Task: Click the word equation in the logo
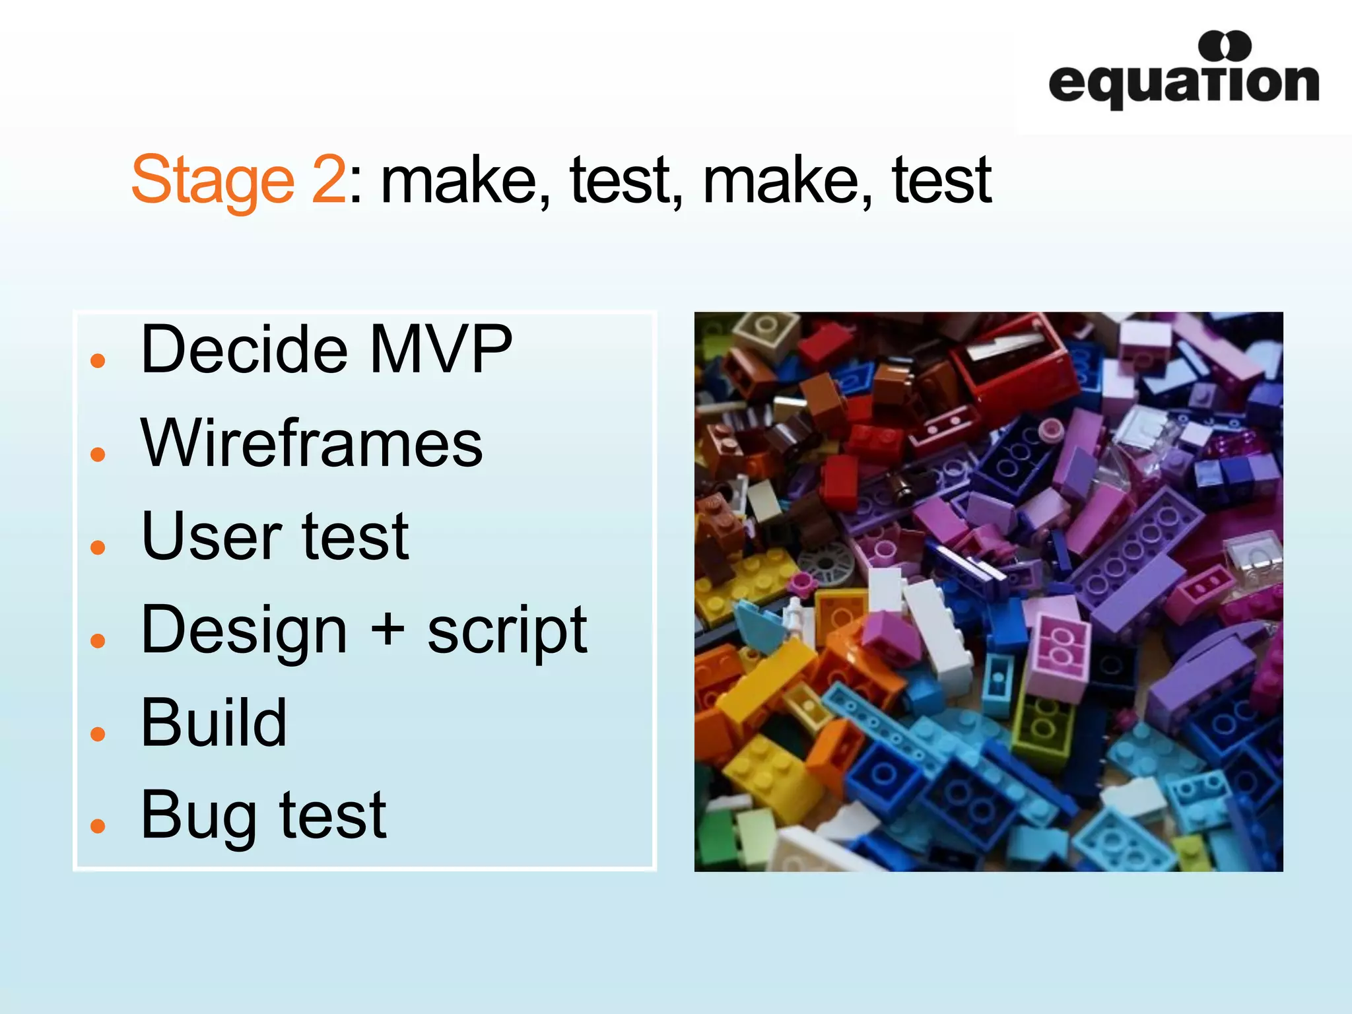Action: coord(1183,84)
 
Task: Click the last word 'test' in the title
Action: coord(941,180)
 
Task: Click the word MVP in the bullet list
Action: coord(440,349)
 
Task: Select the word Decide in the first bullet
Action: coord(244,349)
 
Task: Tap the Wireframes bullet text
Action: coord(312,443)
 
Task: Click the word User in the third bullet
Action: coord(212,536)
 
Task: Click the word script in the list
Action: coord(507,630)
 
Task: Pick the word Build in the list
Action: coord(214,723)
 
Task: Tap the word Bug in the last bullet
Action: coord(198,817)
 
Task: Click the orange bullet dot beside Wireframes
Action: coord(98,454)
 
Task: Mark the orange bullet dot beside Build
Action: coord(98,733)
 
